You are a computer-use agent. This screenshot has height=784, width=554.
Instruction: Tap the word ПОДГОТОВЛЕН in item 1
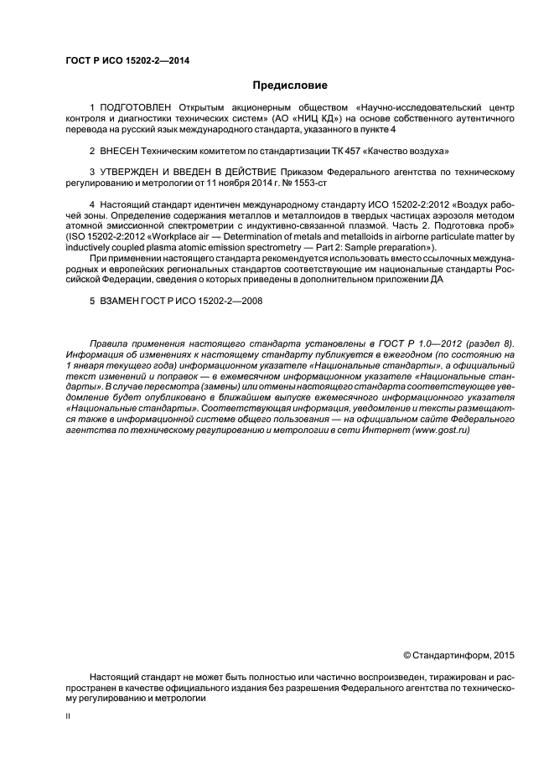point(135,108)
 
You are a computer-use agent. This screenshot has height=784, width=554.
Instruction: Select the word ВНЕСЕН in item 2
point(122,151)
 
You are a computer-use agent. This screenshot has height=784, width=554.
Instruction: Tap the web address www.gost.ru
point(440,429)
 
